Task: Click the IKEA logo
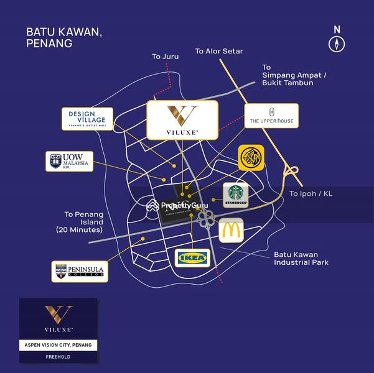[x=192, y=257]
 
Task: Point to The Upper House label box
[x=268, y=121]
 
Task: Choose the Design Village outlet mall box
[x=87, y=119]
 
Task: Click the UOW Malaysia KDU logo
[x=70, y=161]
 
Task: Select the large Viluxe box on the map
[x=182, y=120]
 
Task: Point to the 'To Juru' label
[x=166, y=57]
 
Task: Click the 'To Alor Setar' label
[x=219, y=51]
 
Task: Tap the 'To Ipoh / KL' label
[x=311, y=193]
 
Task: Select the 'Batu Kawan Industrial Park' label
[x=301, y=259]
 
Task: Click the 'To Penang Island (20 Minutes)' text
[x=83, y=222]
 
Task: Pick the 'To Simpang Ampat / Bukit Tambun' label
[x=287, y=75]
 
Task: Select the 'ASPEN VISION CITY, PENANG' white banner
[x=58, y=344]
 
